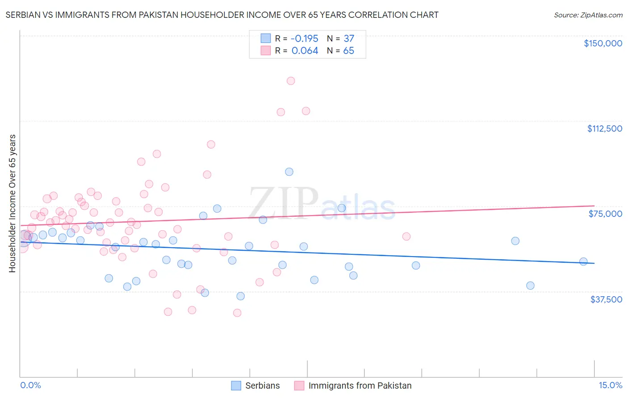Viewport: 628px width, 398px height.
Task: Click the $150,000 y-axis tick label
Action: pyautogui.click(x=603, y=43)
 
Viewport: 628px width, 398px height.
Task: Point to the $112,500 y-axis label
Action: pyautogui.click(x=604, y=129)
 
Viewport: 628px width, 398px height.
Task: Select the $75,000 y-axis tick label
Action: pyautogui.click(x=605, y=214)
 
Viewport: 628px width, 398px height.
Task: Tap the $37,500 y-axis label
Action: pyautogui.click(x=606, y=299)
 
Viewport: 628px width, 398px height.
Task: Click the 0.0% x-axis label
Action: pyautogui.click(x=30, y=385)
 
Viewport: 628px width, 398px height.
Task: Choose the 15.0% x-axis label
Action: pyautogui.click(x=610, y=385)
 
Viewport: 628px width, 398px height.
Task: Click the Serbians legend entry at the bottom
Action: pyautogui.click(x=262, y=386)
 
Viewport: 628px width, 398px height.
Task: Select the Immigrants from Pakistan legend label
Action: pyautogui.click(x=360, y=386)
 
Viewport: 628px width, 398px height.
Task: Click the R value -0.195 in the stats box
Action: pyautogui.click(x=305, y=39)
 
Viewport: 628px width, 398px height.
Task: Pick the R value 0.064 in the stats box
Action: pyautogui.click(x=305, y=51)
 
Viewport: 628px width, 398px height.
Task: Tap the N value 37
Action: pyautogui.click(x=348, y=39)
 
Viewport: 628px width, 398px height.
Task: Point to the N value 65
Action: pyautogui.click(x=348, y=51)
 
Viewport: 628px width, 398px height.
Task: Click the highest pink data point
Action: pyautogui.click(x=291, y=81)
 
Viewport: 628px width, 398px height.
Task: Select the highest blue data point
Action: pyautogui.click(x=289, y=172)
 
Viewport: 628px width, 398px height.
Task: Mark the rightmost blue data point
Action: pyautogui.click(x=583, y=261)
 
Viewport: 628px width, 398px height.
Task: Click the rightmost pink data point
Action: pyautogui.click(x=406, y=236)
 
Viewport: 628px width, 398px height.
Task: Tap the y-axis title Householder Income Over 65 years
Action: pyautogui.click(x=13, y=203)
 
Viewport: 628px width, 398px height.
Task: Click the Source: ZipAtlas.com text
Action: pyautogui.click(x=588, y=15)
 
